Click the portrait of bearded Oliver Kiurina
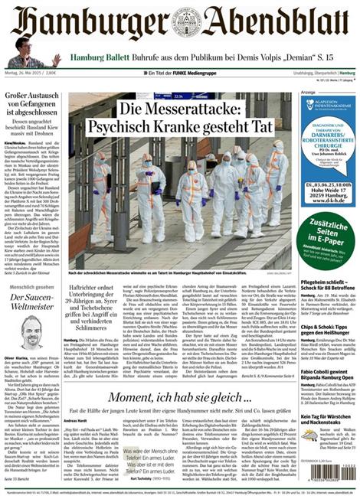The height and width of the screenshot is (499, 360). pyautogui.click(x=31, y=333)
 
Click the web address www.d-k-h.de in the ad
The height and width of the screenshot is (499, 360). pyautogui.click(x=329, y=202)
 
